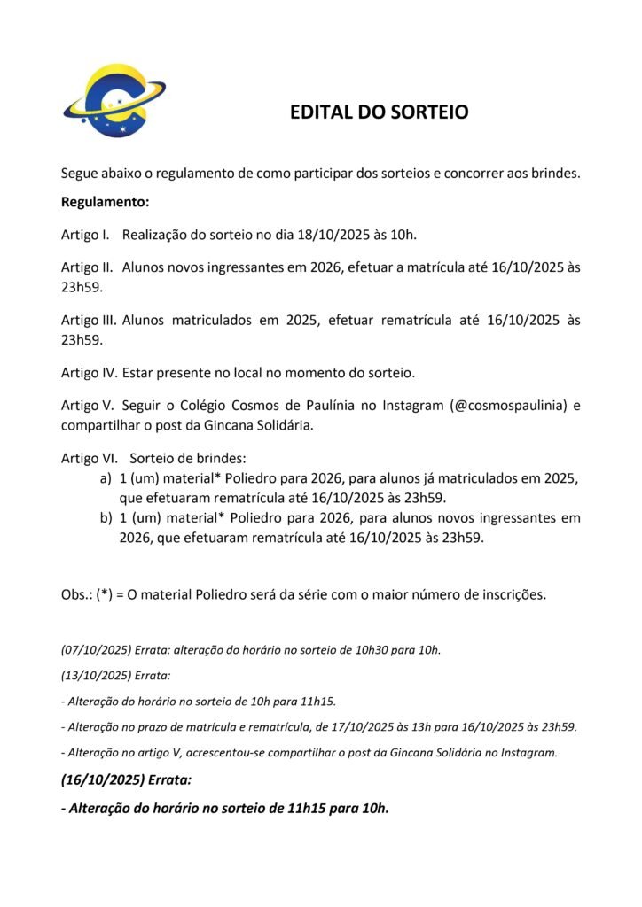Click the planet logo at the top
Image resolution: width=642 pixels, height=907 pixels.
[114, 100]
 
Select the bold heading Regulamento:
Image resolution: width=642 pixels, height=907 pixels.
[105, 202]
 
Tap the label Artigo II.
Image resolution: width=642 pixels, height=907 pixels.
[84, 267]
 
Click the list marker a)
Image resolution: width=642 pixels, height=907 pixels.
[106, 478]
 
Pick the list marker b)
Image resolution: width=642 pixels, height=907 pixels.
[106, 517]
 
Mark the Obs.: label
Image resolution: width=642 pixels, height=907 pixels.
[77, 593]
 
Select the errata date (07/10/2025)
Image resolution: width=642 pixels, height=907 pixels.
[94, 649]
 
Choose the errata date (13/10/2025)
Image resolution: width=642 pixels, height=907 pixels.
[94, 675]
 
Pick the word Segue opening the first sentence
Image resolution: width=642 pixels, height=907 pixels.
[80, 173]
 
